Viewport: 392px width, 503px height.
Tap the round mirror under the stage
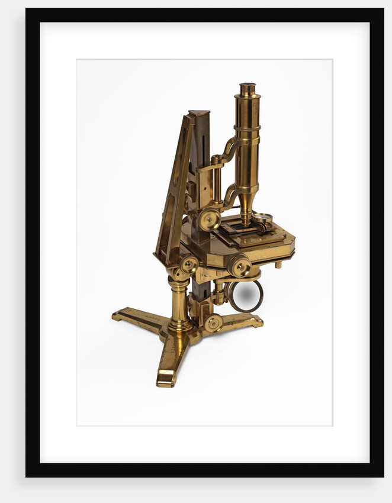pyautogui.click(x=246, y=296)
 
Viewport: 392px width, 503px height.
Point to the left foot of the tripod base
pyautogui.click(x=121, y=314)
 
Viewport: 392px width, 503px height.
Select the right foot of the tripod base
pyautogui.click(x=255, y=320)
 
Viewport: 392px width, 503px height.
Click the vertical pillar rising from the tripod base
pyautogui.click(x=179, y=302)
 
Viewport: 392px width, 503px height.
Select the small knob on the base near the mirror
pyautogui.click(x=214, y=323)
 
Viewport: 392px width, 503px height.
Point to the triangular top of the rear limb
pyautogui.click(x=200, y=115)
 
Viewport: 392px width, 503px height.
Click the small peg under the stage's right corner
pyautogui.click(x=278, y=265)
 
